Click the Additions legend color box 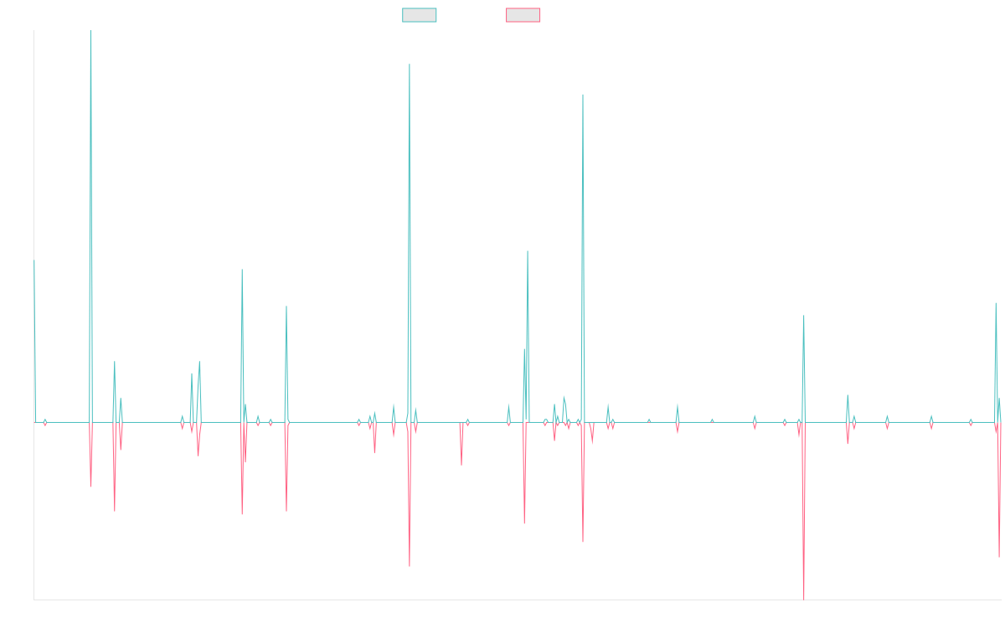(x=420, y=15)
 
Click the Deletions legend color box (x=523, y=15)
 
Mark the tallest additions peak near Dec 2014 (x=90, y=32)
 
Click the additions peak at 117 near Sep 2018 (x=409, y=64)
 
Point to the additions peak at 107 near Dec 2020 (x=583, y=95)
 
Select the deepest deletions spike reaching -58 (x=803, y=598)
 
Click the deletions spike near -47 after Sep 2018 (x=410, y=566)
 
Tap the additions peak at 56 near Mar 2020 (x=528, y=251)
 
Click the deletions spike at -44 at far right (x=999, y=556)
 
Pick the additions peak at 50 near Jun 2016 (x=242, y=270)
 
